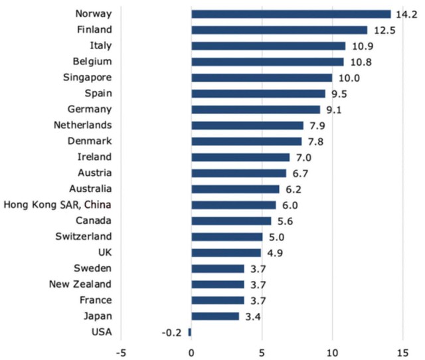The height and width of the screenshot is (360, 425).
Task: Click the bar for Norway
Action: [291, 14]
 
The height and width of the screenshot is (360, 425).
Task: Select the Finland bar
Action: [279, 30]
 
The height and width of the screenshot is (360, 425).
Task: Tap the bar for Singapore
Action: [262, 78]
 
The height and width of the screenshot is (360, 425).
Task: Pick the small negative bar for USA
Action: [189, 332]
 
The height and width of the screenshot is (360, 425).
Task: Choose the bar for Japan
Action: [215, 316]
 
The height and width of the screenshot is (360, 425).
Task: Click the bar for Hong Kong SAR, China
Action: [233, 205]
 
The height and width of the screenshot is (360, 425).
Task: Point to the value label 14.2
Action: [404, 14]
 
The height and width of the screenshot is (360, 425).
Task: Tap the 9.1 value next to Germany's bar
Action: [333, 110]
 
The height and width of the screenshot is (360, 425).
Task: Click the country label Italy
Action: [100, 46]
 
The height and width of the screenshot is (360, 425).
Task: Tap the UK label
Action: [105, 252]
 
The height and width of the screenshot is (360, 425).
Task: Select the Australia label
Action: [88, 189]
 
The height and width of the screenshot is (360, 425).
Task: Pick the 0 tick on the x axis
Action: [191, 351]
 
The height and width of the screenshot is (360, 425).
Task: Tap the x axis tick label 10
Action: [332, 351]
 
